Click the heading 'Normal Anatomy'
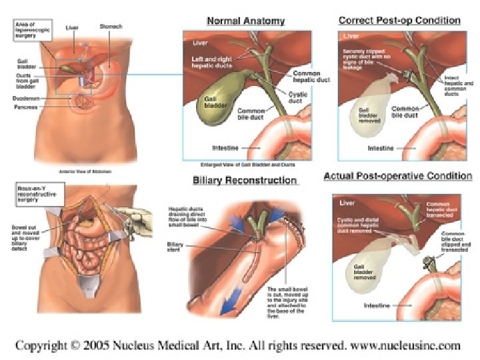245,21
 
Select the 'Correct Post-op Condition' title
399,20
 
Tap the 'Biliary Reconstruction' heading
245,180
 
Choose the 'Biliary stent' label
175,248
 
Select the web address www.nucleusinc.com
407,345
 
